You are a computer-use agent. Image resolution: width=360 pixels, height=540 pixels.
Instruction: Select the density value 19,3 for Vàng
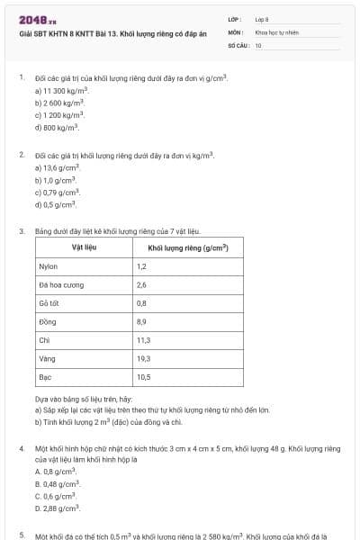[143, 358]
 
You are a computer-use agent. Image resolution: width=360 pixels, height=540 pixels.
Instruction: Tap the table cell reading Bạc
[45, 376]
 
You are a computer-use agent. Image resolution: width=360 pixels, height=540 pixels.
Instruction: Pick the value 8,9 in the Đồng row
[141, 321]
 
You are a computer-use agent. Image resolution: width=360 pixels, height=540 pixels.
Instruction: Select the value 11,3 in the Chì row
[143, 340]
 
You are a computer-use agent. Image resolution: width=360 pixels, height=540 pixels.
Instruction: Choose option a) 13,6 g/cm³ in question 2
[58, 168]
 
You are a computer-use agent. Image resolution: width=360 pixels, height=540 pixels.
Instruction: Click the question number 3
[21, 231]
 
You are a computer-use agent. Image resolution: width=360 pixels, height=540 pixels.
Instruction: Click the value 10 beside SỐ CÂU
[258, 44]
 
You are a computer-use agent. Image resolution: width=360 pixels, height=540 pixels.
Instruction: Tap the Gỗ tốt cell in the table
[49, 303]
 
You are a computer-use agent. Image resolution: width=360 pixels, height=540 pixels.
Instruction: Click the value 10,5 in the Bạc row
[143, 376]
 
